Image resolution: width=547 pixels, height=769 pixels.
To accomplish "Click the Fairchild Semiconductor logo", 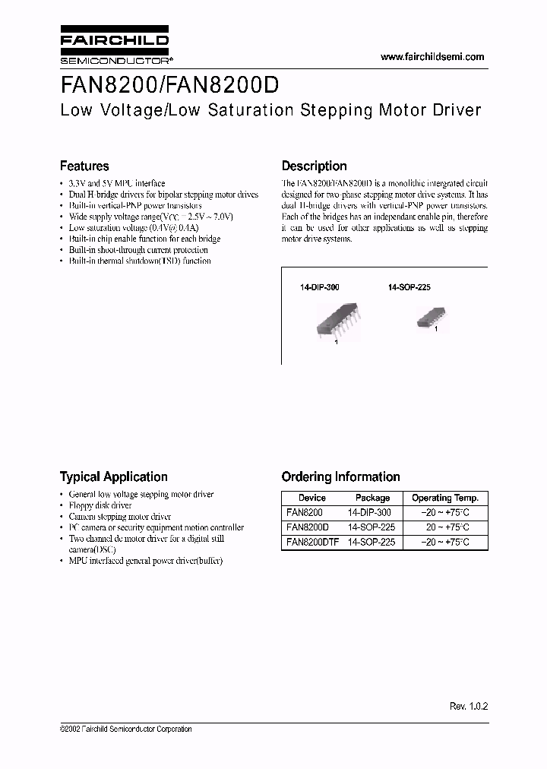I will (x=114, y=47).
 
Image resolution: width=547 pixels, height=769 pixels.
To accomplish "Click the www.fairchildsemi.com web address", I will (x=432, y=57).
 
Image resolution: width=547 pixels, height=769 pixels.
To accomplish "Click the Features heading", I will (x=84, y=166).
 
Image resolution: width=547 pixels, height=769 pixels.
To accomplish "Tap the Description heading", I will (x=314, y=166).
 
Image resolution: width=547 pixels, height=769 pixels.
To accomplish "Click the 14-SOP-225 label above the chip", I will (x=409, y=289).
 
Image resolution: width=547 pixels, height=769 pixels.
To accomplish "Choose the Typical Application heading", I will (x=113, y=477).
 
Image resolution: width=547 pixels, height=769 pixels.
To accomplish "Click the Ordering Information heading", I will (x=340, y=477).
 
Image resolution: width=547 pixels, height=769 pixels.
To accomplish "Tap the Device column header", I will (x=311, y=498).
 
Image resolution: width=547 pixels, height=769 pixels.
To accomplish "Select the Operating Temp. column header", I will (x=444, y=498).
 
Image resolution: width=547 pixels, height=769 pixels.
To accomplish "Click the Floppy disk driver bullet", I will (x=100, y=505).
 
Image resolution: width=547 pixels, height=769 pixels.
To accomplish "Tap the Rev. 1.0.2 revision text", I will (x=468, y=706).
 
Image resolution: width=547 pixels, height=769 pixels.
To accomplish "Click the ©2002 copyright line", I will (x=125, y=729).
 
